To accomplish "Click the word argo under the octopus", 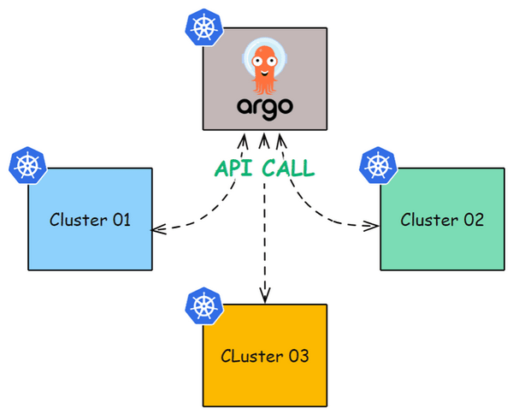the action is [x=265, y=108].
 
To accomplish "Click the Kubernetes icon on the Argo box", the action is [x=203, y=27].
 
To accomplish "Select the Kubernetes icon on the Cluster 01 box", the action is [x=28, y=165].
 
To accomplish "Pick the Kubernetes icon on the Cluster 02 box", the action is [x=378, y=165].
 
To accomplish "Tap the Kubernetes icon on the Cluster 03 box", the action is [x=203, y=305].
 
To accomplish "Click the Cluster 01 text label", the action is [x=90, y=219].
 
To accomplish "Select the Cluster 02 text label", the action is [x=442, y=219].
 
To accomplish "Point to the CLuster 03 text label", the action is [x=265, y=356].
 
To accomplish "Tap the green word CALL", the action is [x=288, y=169].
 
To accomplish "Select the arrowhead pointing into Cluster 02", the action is [x=371, y=226].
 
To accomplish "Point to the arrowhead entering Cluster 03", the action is [x=265, y=295].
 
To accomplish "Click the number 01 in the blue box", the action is [x=121, y=220].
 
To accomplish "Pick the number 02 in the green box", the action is [x=474, y=220].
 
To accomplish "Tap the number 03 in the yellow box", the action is [x=299, y=356].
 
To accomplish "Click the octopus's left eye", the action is [x=256, y=61].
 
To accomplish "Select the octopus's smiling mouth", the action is [x=265, y=73].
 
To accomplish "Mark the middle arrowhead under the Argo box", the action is [x=264, y=140].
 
